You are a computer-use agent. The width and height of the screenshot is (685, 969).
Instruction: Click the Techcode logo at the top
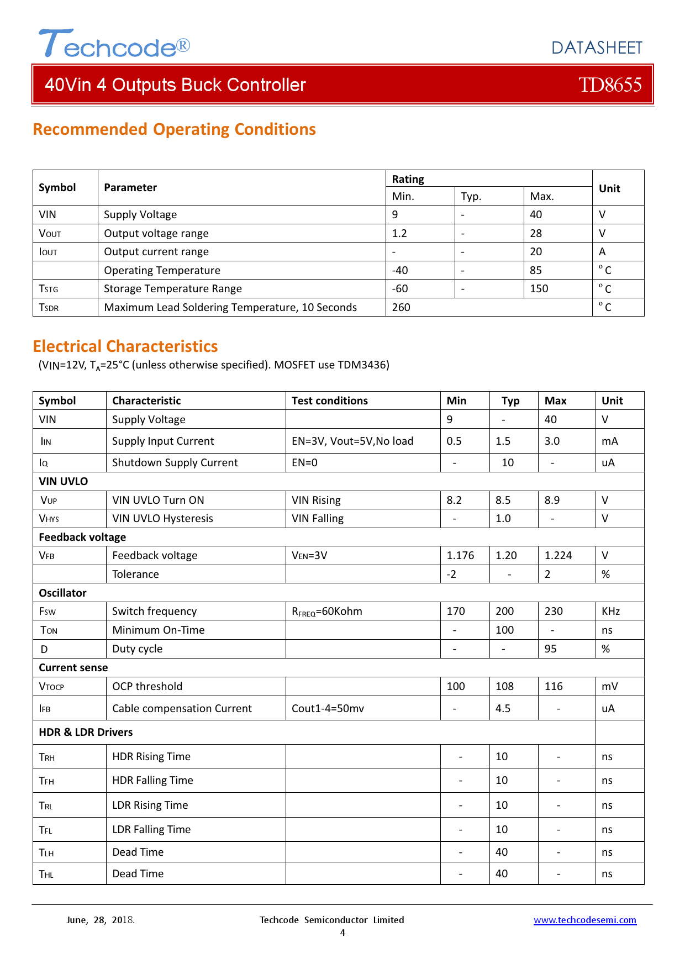pos(114,44)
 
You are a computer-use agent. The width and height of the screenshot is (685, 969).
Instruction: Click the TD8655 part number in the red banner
pos(610,85)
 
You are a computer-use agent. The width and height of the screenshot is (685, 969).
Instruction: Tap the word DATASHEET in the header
pos(597,48)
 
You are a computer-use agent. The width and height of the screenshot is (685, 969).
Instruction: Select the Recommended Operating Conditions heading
pos(174,129)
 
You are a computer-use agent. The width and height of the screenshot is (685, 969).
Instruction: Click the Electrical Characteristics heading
pos(125,346)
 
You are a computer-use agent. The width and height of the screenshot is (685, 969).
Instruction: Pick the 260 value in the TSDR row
pos(401,307)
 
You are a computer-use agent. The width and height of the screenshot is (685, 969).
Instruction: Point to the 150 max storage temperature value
pos(539,288)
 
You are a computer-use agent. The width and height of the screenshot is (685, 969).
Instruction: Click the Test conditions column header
pos(330,401)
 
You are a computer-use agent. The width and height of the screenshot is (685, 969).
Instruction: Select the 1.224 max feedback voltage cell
pos(558,555)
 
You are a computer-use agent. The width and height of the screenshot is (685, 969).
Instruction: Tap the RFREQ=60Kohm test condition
pos(327,612)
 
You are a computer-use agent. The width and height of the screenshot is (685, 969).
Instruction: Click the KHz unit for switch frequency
pos(611,611)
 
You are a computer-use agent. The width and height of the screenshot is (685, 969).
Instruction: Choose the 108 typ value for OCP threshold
pos(504,686)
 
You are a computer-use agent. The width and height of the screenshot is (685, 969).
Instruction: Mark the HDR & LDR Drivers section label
pos(86,732)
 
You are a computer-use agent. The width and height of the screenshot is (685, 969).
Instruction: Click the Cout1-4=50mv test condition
pos(328,708)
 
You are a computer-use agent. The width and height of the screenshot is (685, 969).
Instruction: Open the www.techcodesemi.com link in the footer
pos(584,920)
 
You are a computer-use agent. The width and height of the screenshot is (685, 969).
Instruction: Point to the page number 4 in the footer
pos(342,933)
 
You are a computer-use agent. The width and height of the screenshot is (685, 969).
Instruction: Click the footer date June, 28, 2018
pos(100,920)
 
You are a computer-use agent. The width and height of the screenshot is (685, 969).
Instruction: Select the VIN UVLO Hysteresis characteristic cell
pos(162,518)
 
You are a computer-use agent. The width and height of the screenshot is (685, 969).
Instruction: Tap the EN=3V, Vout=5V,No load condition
pos(352,441)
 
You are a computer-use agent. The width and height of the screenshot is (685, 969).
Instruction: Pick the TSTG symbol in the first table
pos(49,289)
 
